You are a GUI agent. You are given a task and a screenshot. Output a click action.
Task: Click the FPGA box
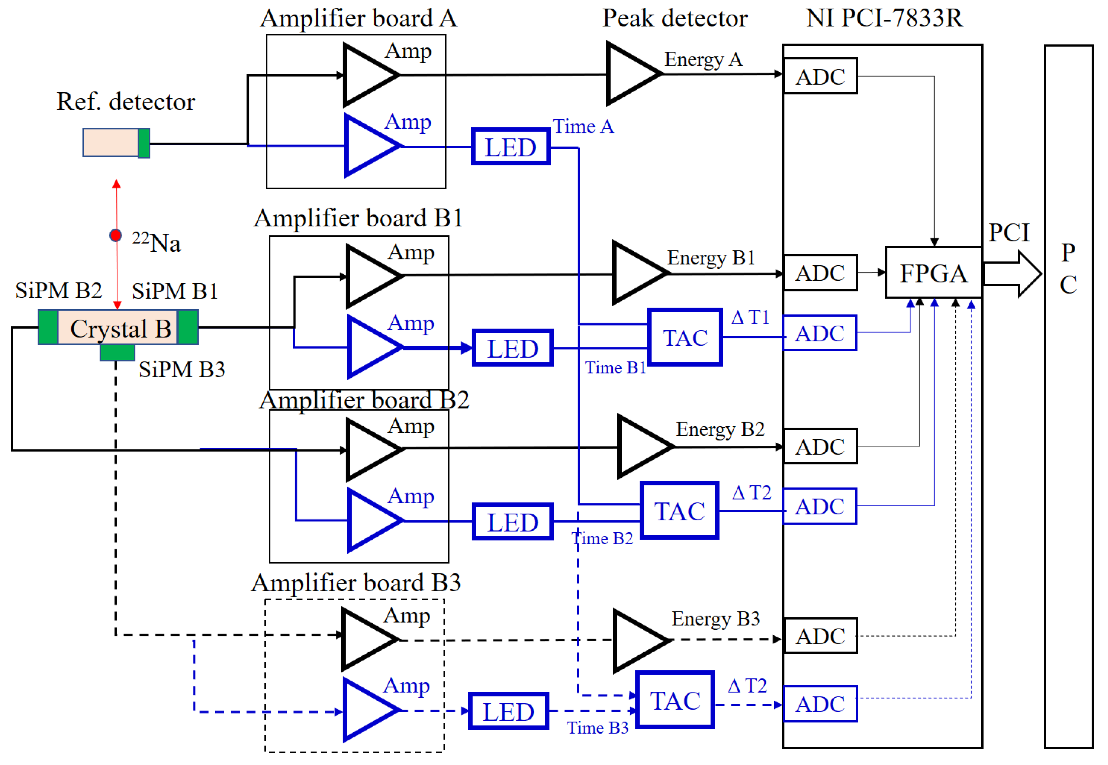pos(933,273)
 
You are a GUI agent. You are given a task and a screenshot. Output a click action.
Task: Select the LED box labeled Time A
pos(511,147)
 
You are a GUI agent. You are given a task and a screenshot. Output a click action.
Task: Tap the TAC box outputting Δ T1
pos(685,337)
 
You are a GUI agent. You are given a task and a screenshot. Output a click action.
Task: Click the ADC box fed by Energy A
pos(820,76)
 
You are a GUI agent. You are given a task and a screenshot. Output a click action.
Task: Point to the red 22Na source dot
pos(115,235)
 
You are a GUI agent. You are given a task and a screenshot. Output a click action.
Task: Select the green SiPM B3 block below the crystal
pos(117,353)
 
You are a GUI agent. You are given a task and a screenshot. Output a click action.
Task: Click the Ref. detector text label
pos(125,102)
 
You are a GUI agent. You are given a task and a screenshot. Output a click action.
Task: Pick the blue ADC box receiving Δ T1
pos(820,333)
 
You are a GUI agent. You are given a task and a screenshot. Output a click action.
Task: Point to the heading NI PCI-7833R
pos(884,18)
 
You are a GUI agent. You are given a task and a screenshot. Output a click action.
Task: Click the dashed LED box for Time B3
pos(508,711)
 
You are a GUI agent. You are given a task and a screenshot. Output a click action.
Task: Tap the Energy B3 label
pos(715,619)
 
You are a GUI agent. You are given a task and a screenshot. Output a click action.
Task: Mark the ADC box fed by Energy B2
pos(820,447)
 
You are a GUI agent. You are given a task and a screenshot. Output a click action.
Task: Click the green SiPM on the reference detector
pos(144,143)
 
